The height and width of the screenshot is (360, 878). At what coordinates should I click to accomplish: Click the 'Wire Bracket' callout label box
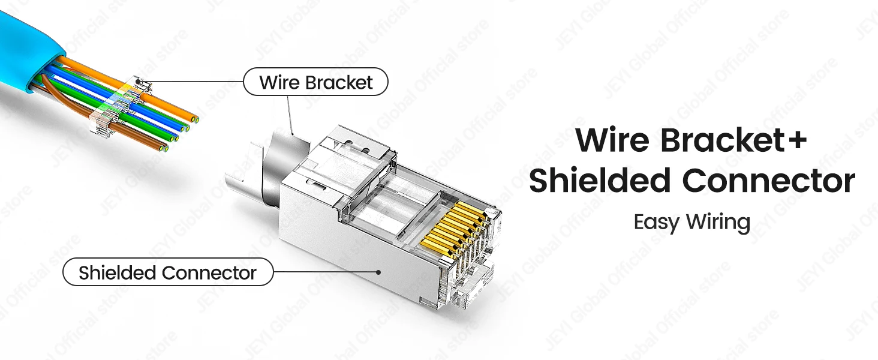[x=315, y=82]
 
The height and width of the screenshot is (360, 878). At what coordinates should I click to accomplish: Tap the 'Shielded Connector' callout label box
[x=168, y=272]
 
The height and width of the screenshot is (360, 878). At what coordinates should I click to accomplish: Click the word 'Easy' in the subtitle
[x=657, y=222]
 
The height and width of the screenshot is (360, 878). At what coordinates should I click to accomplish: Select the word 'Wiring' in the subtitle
[x=718, y=222]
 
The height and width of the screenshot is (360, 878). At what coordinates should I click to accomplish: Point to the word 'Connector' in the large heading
[x=769, y=181]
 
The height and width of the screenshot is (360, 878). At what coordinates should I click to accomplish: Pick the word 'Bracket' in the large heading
[x=721, y=140]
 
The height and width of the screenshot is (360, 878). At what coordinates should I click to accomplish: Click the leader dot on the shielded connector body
[x=378, y=271]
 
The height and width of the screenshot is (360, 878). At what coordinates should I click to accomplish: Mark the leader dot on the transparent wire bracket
[x=137, y=81]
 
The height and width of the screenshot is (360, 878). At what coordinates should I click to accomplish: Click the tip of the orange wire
[x=194, y=118]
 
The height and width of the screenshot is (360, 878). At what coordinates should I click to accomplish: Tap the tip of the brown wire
[x=164, y=148]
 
